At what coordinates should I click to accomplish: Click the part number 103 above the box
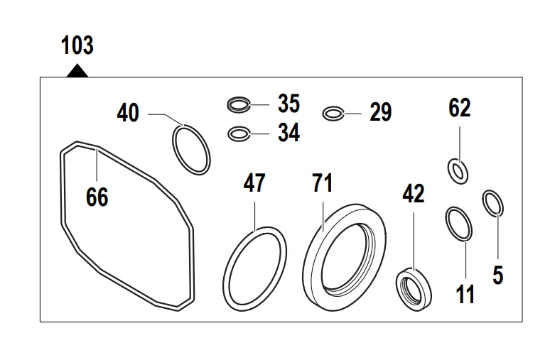77,45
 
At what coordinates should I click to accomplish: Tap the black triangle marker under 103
77,71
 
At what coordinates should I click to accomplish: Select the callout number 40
128,113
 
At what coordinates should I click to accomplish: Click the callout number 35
289,104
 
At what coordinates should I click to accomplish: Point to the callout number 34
289,133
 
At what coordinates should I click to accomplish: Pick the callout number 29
381,112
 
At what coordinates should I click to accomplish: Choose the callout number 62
460,108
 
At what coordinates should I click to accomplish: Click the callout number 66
97,197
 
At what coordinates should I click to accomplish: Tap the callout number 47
254,182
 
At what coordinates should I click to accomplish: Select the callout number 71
323,182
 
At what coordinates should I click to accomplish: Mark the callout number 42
414,194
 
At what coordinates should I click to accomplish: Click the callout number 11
465,294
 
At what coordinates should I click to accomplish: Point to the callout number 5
497,275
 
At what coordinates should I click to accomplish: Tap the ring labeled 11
447,224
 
